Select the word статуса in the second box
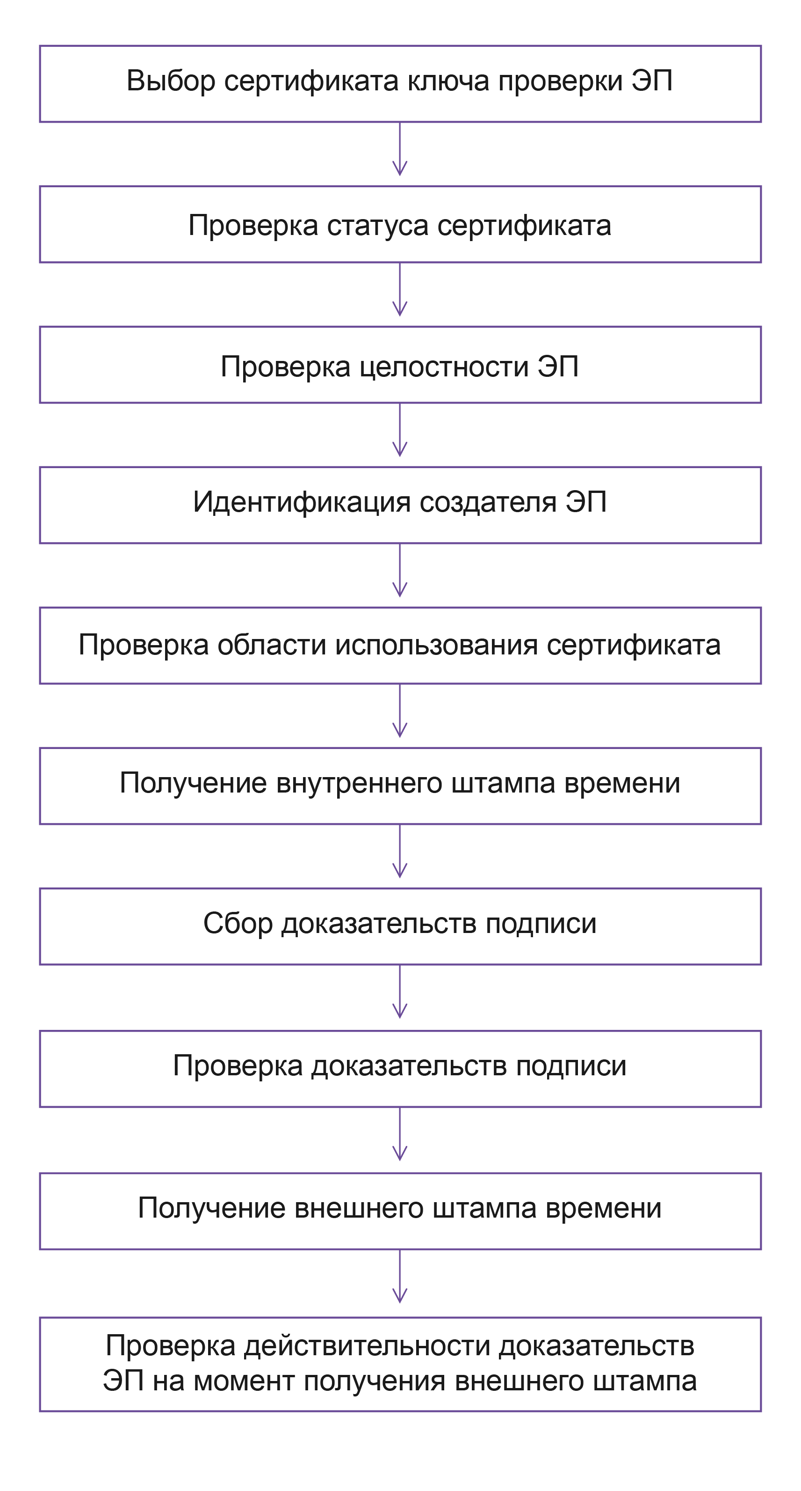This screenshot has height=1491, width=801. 378,226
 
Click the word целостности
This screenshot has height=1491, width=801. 444,367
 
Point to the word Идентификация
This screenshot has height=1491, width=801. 301,502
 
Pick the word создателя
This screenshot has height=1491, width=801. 488,502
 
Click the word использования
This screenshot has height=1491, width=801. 437,645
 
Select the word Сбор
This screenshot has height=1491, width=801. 237,923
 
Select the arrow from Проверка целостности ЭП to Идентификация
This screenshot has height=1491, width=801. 400,434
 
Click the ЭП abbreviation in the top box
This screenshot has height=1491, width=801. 651,81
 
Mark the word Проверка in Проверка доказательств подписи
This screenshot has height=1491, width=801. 237,1066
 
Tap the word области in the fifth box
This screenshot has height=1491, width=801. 271,645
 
